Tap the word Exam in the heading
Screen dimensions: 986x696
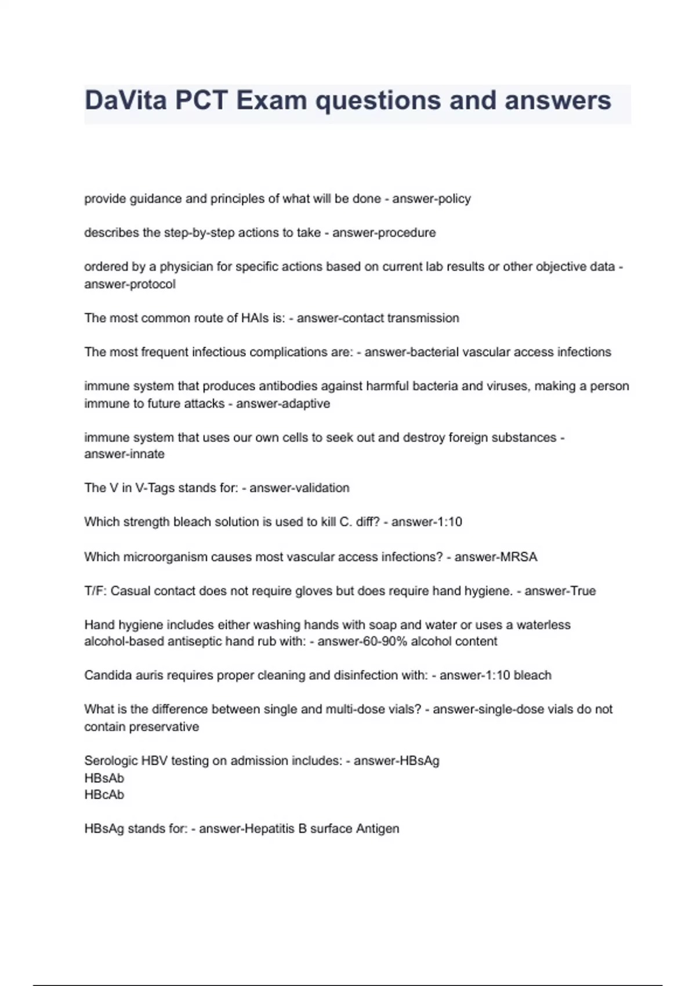[x=271, y=100]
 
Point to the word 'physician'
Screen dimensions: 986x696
[x=187, y=267]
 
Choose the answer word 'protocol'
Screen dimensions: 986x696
[x=153, y=284]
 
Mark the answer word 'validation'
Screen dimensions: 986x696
[x=323, y=488]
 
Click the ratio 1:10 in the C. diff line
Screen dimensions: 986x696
[x=449, y=522]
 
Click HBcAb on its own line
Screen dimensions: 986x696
[x=104, y=795]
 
